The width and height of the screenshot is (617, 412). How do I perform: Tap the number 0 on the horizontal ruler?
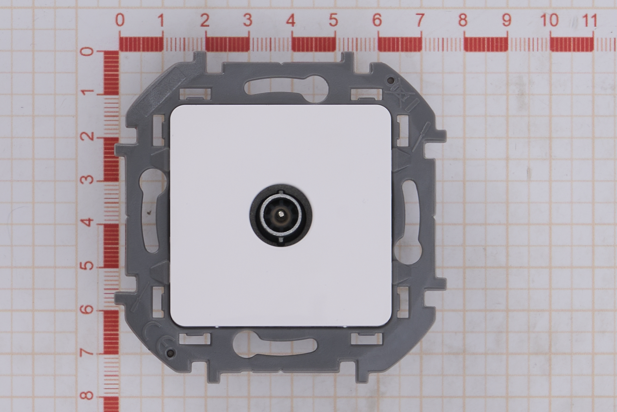(120, 20)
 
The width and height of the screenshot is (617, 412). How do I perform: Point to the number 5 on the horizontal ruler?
(334, 20)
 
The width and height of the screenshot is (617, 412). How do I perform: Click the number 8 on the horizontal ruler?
(463, 20)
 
